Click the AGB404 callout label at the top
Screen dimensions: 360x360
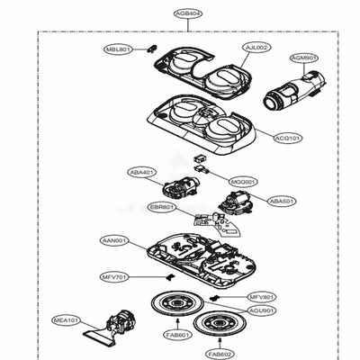187,15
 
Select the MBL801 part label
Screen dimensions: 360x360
118,49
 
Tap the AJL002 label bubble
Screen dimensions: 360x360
256,46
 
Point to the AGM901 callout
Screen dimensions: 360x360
304,58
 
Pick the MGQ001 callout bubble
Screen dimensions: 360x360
244,181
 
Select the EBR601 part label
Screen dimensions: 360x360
163,206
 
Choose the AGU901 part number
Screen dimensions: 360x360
262,310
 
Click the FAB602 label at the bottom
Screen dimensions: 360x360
220,353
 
